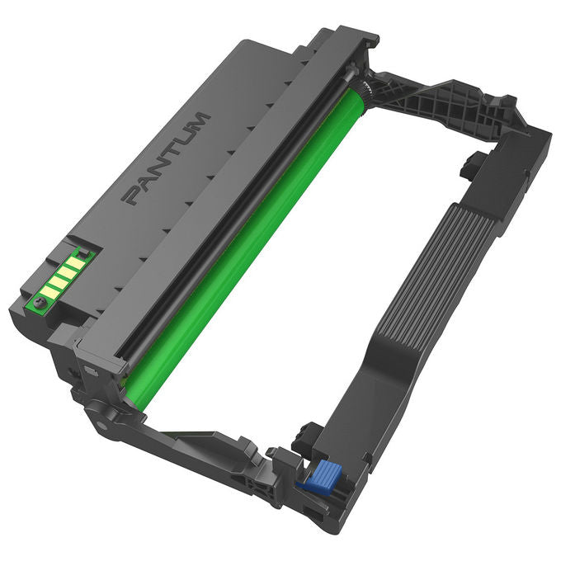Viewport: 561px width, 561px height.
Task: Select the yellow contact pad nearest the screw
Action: [49, 292]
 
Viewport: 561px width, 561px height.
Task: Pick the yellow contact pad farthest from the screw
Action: [76, 264]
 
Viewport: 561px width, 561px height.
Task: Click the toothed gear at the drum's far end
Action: [366, 88]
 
